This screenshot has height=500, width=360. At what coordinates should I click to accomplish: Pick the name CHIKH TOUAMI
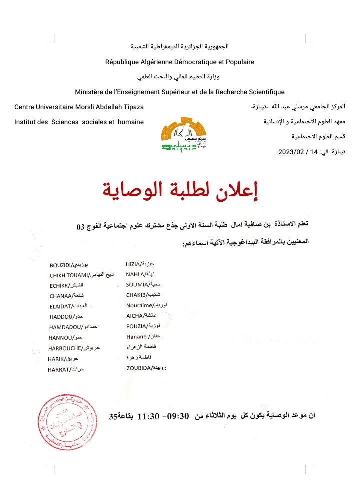69,275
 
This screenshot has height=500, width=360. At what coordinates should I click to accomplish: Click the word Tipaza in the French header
133,107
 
